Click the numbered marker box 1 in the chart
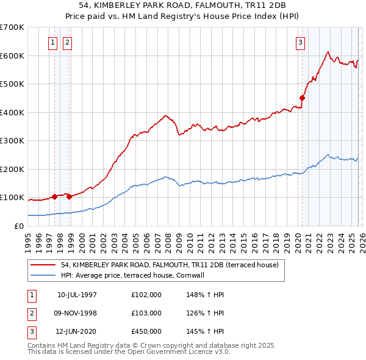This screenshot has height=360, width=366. coord(52,42)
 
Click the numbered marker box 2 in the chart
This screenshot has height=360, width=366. coord(66,42)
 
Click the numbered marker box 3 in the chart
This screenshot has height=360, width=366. coord(301,42)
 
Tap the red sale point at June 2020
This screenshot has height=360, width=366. coord(302,98)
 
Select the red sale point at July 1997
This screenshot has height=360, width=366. coord(54,196)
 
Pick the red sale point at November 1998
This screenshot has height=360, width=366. coord(69,196)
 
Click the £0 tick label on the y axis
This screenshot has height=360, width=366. coord(18,226)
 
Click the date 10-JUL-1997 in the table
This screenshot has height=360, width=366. coord(77,295)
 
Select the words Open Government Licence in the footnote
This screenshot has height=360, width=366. coord(177,352)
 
